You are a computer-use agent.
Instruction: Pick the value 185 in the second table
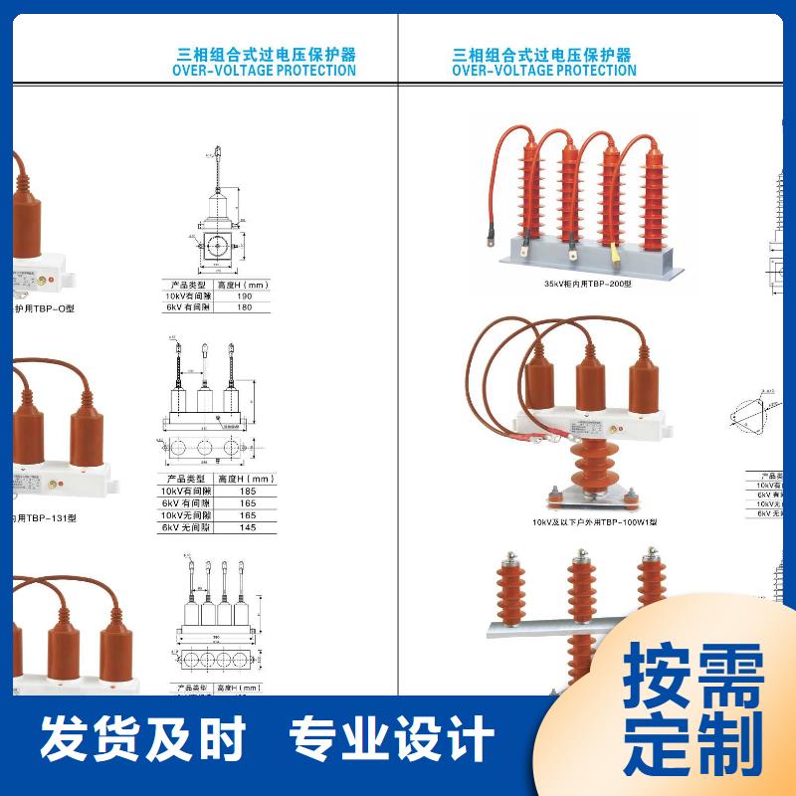point(247,492)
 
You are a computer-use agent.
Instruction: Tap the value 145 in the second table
point(247,527)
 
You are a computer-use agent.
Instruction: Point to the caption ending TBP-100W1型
point(594,522)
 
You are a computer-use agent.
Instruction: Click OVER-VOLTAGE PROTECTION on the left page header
point(264,71)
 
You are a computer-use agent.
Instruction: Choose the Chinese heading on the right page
point(542,54)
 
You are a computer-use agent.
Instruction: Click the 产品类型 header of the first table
point(185,285)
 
